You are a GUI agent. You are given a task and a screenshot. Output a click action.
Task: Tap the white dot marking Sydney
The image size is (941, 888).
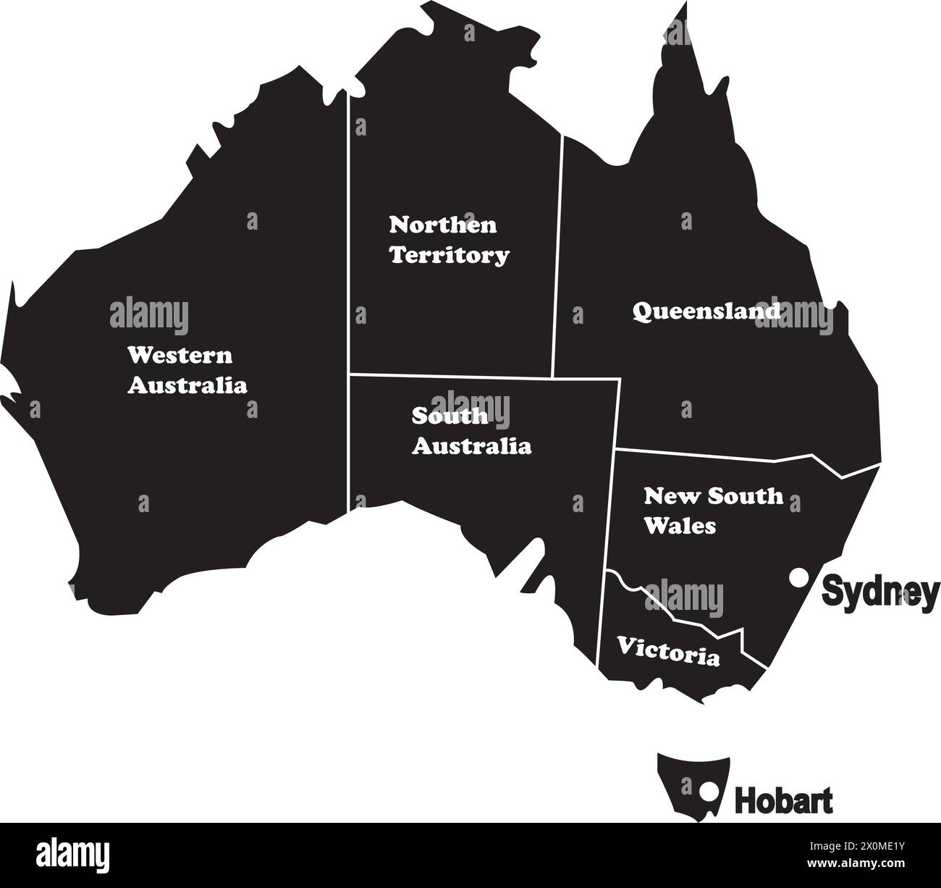click(x=798, y=578)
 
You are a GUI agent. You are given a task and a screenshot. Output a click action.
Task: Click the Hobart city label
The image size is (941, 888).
click(x=783, y=801)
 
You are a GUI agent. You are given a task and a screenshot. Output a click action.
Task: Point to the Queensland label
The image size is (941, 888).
click(x=706, y=311)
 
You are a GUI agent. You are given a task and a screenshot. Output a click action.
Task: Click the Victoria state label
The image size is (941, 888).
click(x=668, y=650)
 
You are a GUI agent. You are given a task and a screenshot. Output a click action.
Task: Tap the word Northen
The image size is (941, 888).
click(x=443, y=225)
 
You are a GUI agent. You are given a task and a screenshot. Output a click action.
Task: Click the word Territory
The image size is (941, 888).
click(x=450, y=255)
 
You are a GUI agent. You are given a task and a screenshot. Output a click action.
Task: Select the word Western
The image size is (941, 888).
click(x=180, y=356)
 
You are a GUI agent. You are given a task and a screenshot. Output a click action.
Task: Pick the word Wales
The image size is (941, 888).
click(x=680, y=526)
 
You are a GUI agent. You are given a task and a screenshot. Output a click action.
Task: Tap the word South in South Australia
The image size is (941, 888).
click(x=450, y=416)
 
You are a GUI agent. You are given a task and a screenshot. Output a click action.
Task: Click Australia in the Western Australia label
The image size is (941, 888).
click(x=187, y=385)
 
